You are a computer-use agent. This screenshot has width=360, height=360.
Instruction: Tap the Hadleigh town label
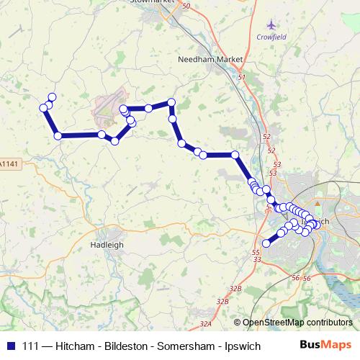click(107, 245)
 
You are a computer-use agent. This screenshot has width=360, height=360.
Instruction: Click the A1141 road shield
click(7, 165)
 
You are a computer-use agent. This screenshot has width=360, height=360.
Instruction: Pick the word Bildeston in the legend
click(125, 345)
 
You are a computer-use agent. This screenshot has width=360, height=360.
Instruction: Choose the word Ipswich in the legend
click(240, 345)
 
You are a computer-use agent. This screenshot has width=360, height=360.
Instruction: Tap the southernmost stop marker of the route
click(266, 243)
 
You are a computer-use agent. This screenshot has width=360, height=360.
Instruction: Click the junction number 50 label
click(186, 6)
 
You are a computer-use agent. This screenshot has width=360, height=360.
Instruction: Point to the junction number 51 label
click(241, 77)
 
